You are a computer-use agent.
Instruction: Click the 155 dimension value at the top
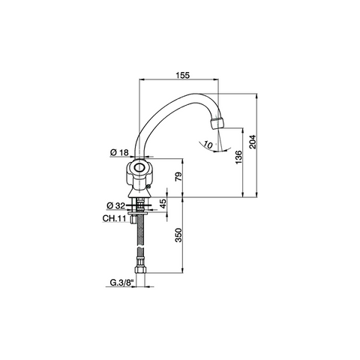pos(183,75)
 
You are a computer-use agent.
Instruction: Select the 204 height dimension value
pos(253,142)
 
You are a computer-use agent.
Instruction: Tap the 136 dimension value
pos(238,157)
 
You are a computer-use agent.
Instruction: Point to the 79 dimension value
pos(178,177)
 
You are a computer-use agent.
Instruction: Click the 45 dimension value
pos(163,204)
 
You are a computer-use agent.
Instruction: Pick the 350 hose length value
pos(178,235)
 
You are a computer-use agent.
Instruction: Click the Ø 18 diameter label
pos(119,152)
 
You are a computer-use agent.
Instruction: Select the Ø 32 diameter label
pos(115,205)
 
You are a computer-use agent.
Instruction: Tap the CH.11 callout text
pos(114,218)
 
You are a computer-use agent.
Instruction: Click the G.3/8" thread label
pos(122,283)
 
